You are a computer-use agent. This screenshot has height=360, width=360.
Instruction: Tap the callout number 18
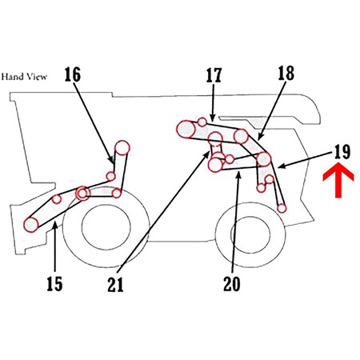(286, 74)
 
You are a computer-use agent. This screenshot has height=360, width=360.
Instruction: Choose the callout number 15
(53, 283)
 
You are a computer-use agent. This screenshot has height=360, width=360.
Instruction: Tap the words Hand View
(25, 77)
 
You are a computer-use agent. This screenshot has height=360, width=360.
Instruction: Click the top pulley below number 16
(122, 146)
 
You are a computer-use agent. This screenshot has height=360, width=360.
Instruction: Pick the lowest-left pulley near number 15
(32, 224)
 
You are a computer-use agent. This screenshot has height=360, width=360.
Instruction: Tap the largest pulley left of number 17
(186, 128)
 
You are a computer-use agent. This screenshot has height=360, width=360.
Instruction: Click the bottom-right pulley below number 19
(282, 208)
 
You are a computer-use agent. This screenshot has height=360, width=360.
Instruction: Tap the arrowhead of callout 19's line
(277, 168)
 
